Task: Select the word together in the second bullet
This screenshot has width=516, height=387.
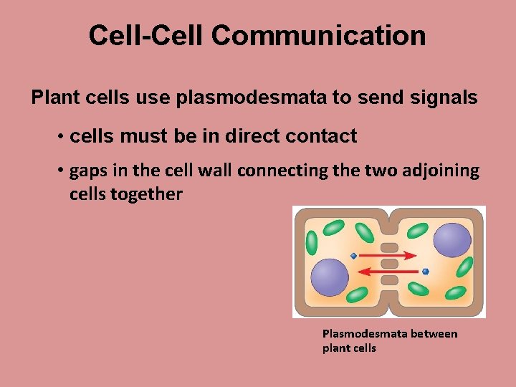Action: (x=151, y=193)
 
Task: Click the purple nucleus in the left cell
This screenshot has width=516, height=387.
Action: (x=329, y=277)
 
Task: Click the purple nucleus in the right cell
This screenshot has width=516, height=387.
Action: (x=452, y=240)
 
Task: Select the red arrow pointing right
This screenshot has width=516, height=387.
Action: (x=387, y=254)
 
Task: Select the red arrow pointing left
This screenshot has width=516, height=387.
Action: (x=390, y=271)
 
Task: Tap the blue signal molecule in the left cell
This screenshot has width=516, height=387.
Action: (x=353, y=256)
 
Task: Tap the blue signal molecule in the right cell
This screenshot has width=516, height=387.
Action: (x=426, y=272)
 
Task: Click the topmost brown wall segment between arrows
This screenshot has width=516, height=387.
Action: (x=389, y=247)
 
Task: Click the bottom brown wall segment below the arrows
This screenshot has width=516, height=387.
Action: (x=389, y=279)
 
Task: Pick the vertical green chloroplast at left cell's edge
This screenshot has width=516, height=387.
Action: (x=312, y=242)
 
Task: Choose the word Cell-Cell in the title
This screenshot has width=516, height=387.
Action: (x=145, y=35)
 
